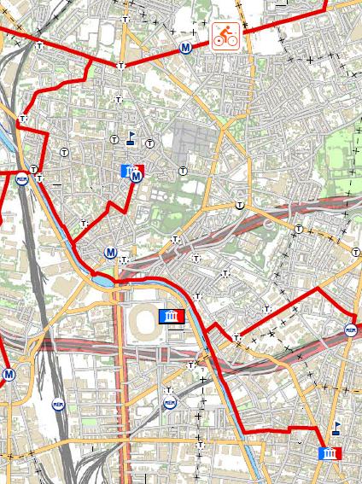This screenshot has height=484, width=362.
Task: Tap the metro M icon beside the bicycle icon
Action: [185, 49]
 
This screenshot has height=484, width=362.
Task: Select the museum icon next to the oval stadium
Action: [172, 317]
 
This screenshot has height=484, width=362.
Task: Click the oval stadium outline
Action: [142, 321]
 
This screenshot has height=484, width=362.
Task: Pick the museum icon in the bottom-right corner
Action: [329, 452]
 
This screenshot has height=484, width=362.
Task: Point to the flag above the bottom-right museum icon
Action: [336, 426]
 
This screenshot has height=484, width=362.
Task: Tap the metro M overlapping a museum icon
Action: [136, 176]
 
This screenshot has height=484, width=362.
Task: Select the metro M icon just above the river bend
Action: [110, 253]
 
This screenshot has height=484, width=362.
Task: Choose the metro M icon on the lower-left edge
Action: [9, 374]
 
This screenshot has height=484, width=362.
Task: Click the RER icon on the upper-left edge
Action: [21, 179]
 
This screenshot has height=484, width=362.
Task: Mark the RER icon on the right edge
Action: [349, 330]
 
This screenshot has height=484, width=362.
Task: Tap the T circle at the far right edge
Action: [356, 252]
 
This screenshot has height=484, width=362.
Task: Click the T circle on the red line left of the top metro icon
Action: [120, 66]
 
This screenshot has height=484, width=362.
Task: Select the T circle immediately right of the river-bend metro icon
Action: [125, 259]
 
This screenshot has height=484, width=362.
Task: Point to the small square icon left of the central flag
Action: [114, 138]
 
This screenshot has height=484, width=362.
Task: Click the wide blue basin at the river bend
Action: [102, 279]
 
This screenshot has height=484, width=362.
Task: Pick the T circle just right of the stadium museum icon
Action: [198, 296]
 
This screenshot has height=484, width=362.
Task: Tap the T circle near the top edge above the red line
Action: [127, 19]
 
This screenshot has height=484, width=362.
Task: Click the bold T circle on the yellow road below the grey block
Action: [242, 205]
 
